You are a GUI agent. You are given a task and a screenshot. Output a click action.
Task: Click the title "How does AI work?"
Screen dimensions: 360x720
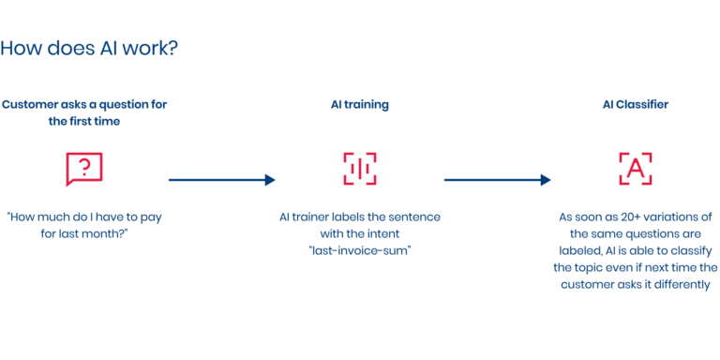click(88, 49)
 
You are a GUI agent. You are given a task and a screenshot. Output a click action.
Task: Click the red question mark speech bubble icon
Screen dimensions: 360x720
click(84, 168)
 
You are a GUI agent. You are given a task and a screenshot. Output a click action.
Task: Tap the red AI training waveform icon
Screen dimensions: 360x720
click(360, 168)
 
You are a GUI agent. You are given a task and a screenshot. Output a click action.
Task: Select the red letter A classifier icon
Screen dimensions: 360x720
click(636, 168)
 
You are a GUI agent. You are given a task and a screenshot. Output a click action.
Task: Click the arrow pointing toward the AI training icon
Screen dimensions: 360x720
click(222, 180)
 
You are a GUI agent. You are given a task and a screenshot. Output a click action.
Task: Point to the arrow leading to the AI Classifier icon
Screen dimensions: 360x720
click(497, 180)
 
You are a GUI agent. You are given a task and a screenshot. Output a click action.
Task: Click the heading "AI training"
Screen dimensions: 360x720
click(360, 105)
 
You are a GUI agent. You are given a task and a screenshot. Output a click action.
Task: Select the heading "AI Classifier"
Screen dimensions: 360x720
click(636, 105)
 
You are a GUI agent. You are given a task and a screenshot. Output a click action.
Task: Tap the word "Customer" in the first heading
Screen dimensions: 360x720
click(29, 105)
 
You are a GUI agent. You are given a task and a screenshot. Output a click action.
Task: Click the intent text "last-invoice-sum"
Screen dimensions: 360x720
click(360, 251)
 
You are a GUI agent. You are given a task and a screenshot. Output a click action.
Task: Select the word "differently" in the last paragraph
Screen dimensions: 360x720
click(676, 285)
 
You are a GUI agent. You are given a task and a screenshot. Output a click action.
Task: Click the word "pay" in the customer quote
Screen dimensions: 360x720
click(148, 217)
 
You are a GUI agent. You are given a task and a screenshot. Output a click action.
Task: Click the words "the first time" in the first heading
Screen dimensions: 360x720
click(84, 122)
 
